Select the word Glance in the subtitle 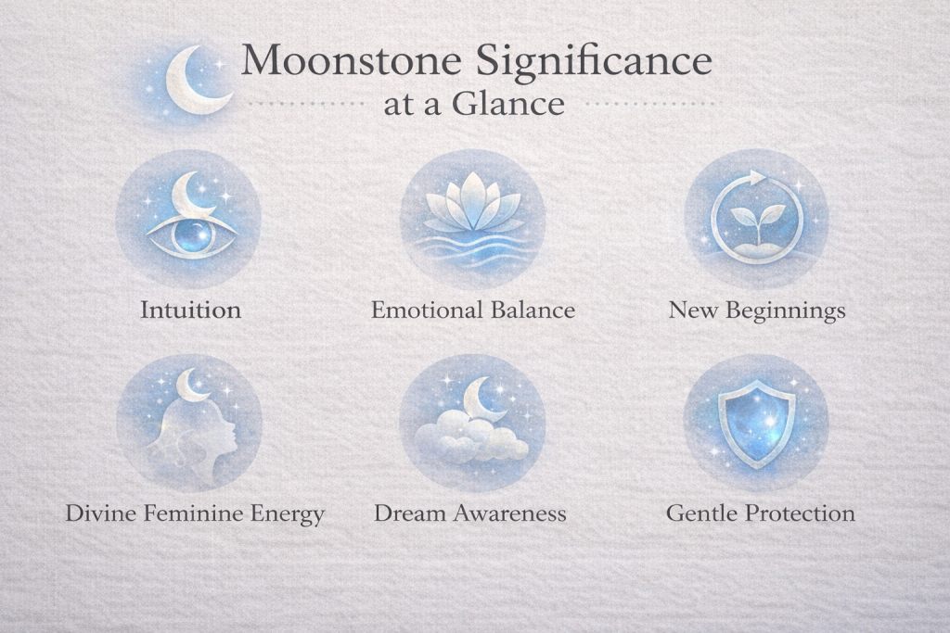pos(508,104)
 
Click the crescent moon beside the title pos(194,82)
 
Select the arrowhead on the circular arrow pos(759,177)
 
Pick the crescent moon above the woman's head pos(193,386)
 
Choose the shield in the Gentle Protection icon pos(756,423)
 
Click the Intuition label pos(190,310)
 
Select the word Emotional pos(420,310)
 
